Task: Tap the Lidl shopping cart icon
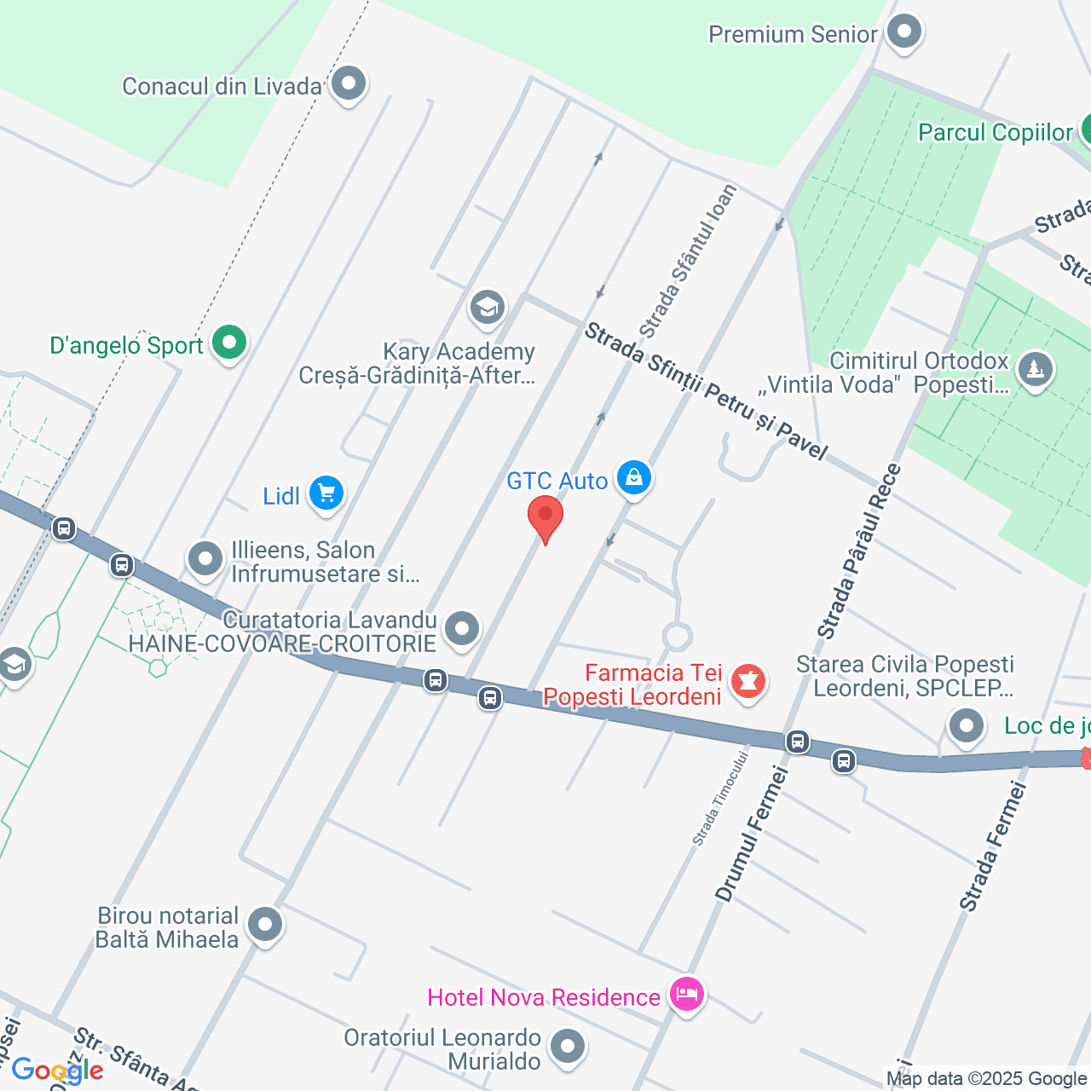coord(326,494)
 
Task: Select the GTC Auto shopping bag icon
coord(634,478)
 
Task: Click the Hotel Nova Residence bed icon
coord(686,994)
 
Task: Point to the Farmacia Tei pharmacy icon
coord(748,682)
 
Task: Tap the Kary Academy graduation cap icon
coord(488,308)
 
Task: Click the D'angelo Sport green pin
coord(228,343)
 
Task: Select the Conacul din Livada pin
coord(349,84)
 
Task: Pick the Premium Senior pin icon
coord(903,32)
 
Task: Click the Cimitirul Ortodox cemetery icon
coord(1036,370)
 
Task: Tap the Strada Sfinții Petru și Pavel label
coord(705,391)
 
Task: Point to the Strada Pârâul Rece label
coord(859,551)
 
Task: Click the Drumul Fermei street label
coord(752,834)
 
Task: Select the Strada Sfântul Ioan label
coord(688,261)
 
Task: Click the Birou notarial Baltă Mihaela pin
coord(265,925)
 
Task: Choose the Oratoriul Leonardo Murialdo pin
coord(568,1047)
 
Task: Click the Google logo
coord(57,1071)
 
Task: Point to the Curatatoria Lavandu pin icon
coord(462,629)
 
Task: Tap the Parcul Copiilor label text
coord(995,132)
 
